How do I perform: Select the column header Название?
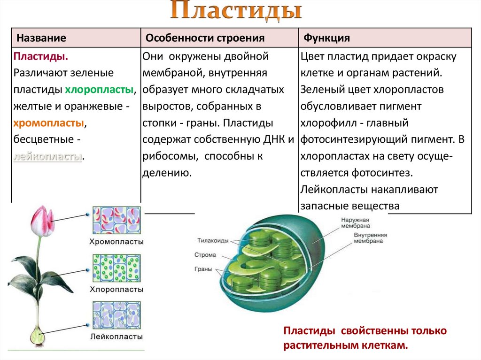41,38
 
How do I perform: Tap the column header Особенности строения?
205,38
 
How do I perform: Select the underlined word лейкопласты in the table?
47,156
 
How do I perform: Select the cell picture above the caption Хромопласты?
116,220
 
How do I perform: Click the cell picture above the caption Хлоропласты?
116,268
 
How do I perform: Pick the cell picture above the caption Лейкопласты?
116,315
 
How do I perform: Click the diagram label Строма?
205,255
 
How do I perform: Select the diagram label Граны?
203,269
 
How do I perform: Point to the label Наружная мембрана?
356,222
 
